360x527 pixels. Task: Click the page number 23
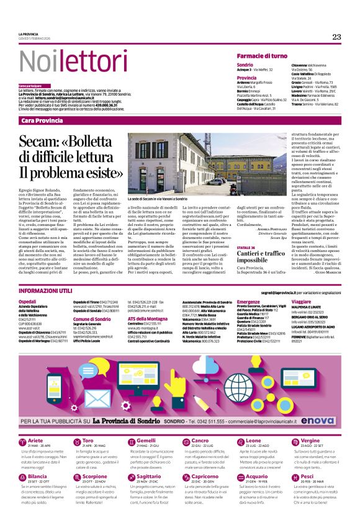point(336,37)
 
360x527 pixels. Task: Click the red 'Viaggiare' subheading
point(302,302)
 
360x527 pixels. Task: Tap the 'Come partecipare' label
point(30,85)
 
